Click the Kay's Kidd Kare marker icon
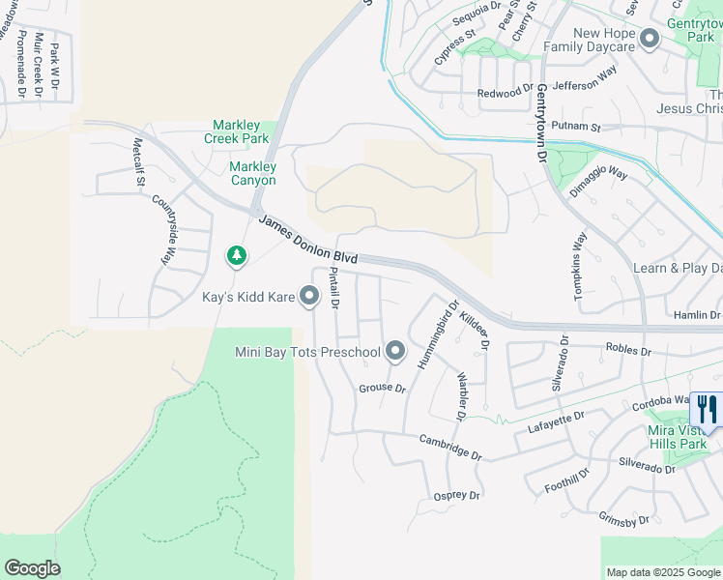pos(309,296)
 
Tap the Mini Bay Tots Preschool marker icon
pos(395,351)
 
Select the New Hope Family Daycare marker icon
pos(649,40)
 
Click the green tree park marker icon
pos(236,255)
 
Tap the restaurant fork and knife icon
pos(706,409)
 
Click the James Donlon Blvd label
pos(308,241)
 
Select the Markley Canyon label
pos(252,173)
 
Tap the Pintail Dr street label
pos(333,288)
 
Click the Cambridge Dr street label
pos(449,447)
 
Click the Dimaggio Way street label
pos(598,183)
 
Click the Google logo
pos(32,568)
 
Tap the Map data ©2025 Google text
pos(663,572)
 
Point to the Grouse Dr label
pos(382,388)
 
